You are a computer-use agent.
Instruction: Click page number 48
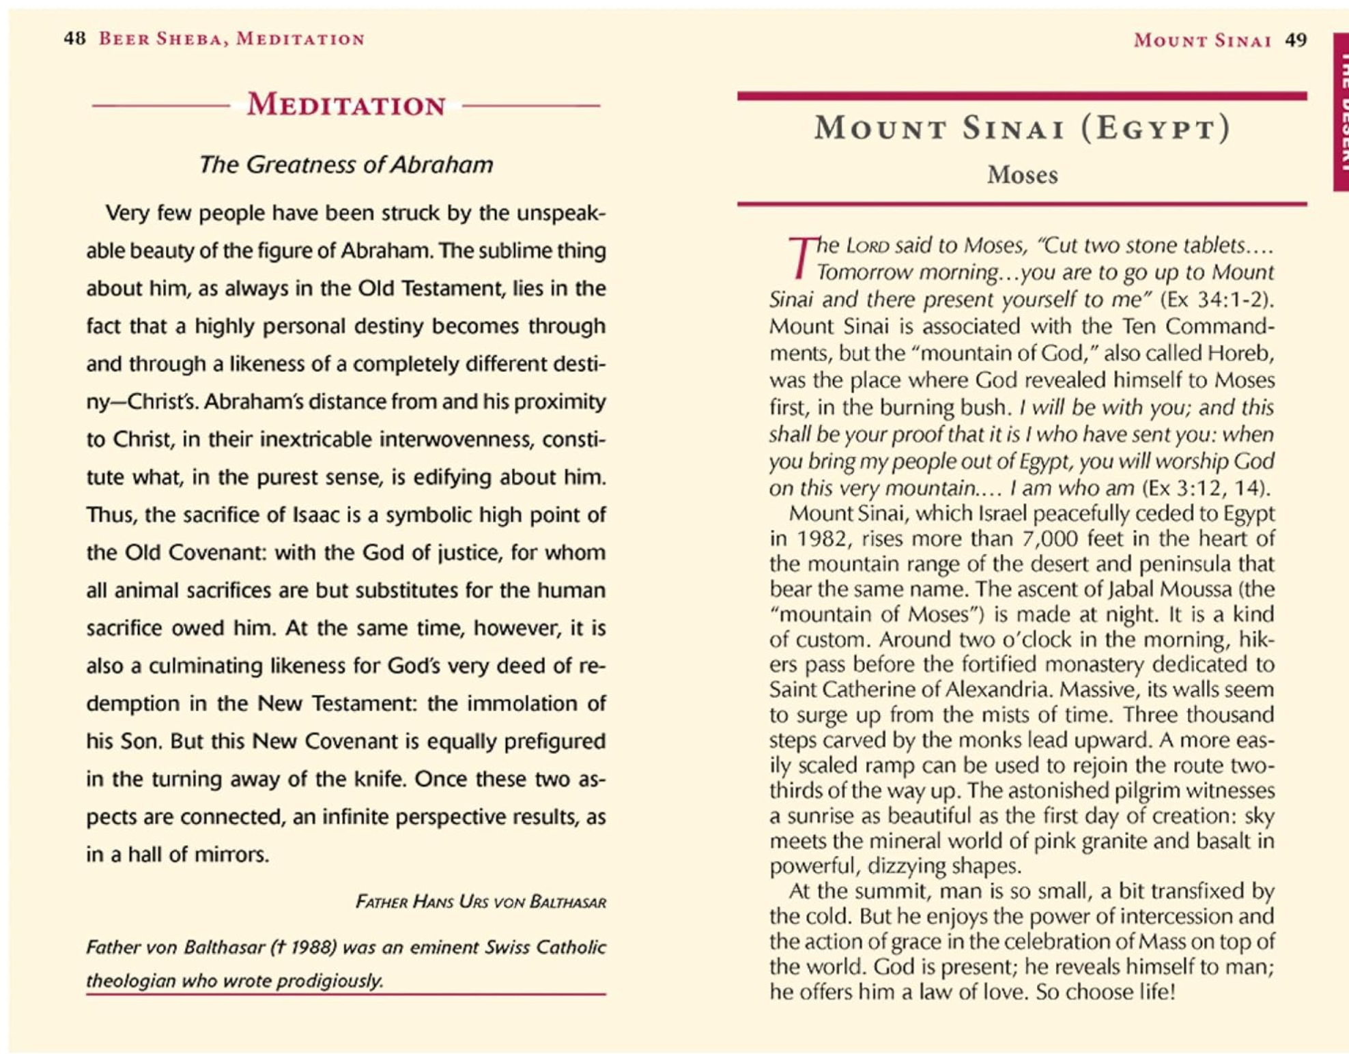(x=74, y=38)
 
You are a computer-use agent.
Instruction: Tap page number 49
(x=1296, y=40)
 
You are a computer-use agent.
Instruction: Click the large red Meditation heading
(x=346, y=105)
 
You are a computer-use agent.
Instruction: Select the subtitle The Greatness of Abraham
(x=345, y=165)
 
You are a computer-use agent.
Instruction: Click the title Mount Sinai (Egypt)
(x=1022, y=128)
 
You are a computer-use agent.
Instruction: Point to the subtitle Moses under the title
(x=1022, y=175)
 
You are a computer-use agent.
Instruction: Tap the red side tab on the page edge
(x=1341, y=113)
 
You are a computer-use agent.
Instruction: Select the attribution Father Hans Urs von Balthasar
(x=481, y=902)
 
